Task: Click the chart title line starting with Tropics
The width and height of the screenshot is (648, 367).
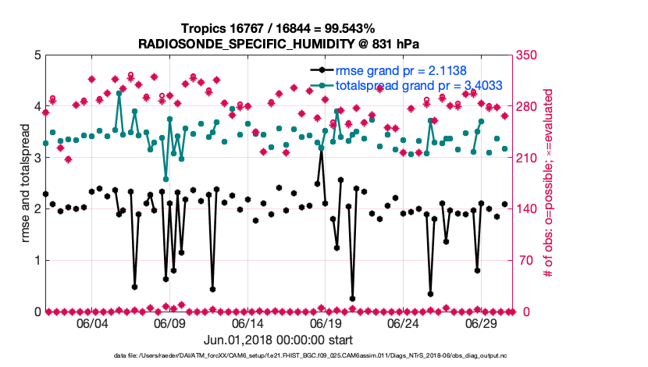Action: pyautogui.click(x=279, y=29)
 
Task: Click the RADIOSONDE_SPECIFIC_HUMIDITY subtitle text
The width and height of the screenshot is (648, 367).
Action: pyautogui.click(x=279, y=44)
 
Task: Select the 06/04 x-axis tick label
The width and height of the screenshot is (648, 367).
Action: pyautogui.click(x=92, y=323)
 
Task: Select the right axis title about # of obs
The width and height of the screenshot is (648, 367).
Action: pyautogui.click(x=549, y=183)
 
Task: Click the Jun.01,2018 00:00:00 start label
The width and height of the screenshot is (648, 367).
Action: pyautogui.click(x=279, y=340)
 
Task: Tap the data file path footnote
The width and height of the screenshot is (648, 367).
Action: pyautogui.click(x=279, y=356)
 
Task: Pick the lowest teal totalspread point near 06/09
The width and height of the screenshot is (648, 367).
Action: pyautogui.click(x=166, y=179)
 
